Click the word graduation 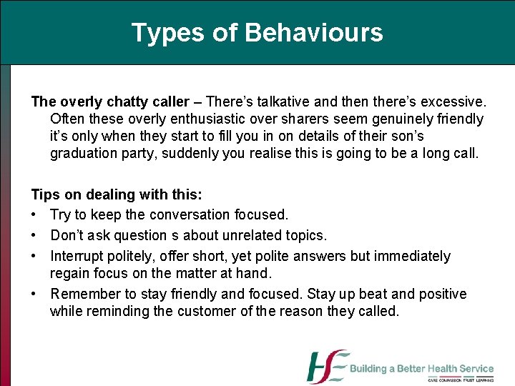click(86, 153)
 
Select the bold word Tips click(45, 195)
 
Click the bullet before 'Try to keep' click(34, 215)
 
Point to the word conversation click(188, 214)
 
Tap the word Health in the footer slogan click(440, 369)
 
